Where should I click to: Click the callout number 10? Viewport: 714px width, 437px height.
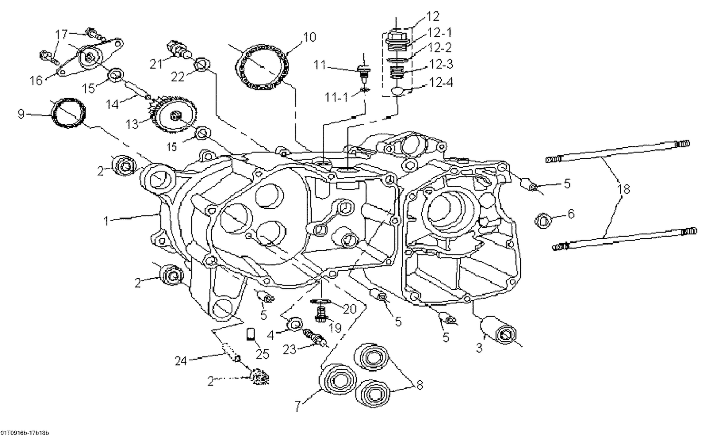pos(309,37)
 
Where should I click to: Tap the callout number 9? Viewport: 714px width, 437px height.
pos(20,114)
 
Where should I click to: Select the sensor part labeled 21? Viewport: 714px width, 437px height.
pos(177,50)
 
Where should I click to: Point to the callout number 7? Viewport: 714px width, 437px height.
pos(298,406)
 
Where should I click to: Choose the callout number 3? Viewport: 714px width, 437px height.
pos(479,348)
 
